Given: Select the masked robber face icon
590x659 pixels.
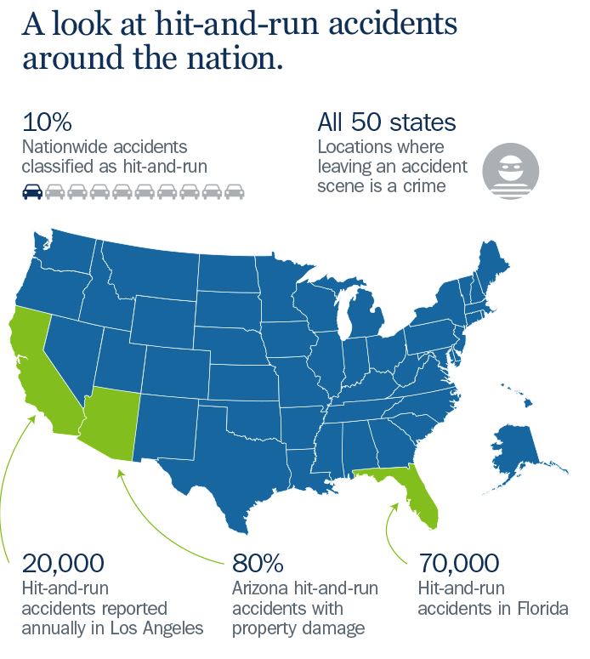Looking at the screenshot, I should click(510, 171).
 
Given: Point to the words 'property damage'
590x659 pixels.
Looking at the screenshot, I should click(298, 628).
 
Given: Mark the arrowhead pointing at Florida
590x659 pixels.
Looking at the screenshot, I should click(395, 507).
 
